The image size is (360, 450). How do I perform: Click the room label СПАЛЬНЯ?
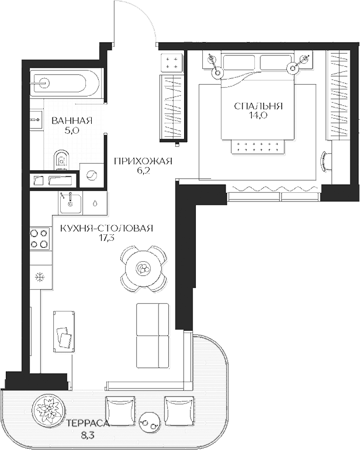[258, 106]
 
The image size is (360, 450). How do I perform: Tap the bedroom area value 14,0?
[259, 116]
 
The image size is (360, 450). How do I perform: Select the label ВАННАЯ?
[72, 121]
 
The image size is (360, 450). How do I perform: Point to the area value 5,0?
[72, 131]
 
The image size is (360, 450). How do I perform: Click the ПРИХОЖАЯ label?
[143, 161]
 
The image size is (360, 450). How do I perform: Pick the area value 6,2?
[144, 171]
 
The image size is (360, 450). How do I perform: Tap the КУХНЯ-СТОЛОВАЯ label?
[106, 229]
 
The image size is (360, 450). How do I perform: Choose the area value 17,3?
[106, 238]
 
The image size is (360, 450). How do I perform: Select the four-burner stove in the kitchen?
[39, 238]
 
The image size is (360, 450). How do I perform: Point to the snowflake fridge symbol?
[40, 277]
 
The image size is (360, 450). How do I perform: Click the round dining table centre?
[143, 268]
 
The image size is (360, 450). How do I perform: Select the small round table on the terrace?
[150, 421]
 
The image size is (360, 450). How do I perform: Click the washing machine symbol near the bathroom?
[92, 175]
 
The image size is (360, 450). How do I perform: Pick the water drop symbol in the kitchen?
[95, 203]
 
